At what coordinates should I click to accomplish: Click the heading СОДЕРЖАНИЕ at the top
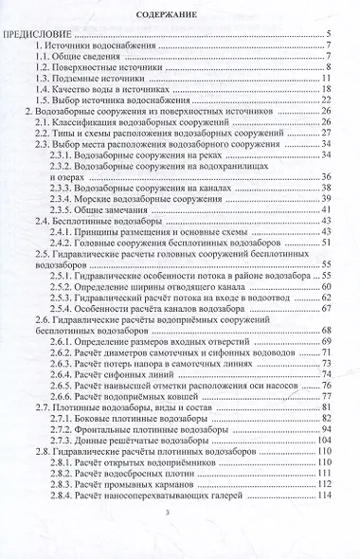click(x=179, y=16)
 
